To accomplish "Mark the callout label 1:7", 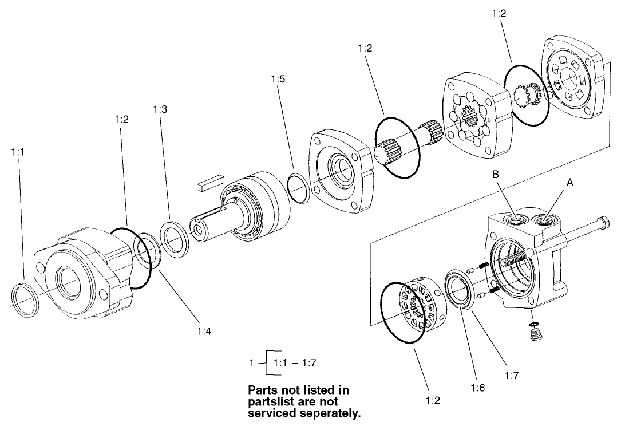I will click(512, 376).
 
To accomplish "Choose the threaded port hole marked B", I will click(516, 219).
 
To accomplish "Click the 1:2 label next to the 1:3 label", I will click(121, 119).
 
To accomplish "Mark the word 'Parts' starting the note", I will click(262, 389).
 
